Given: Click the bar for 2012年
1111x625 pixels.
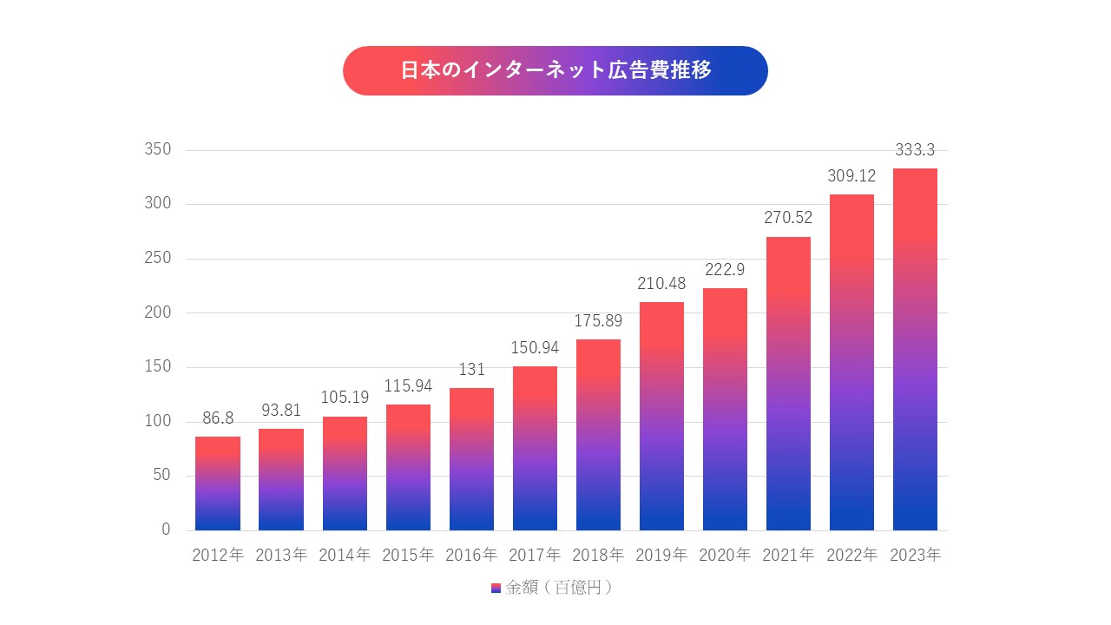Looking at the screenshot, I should [x=218, y=484].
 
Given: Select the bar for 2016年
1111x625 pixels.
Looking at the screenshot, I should [x=471, y=459].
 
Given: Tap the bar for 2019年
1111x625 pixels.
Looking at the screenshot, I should [x=661, y=417].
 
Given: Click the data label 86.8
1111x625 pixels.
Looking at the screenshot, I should [x=218, y=418].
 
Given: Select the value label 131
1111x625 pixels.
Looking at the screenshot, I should [x=471, y=370].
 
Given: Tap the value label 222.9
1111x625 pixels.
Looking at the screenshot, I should [x=725, y=270].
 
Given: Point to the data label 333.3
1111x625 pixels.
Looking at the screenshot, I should [x=915, y=150].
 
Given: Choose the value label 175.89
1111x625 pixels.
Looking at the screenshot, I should [x=598, y=321].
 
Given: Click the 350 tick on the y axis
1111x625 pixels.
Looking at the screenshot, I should [x=158, y=150].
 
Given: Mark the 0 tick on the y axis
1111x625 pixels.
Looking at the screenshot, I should [x=166, y=530].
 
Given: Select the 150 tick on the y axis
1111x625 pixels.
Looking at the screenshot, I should [x=158, y=367].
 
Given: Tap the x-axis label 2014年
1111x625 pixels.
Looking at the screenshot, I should [x=345, y=556].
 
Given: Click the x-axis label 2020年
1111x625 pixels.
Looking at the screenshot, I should [x=725, y=556].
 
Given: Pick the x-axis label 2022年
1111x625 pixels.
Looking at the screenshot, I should [x=851, y=556].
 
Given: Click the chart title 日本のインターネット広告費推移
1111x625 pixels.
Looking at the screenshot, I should [x=555, y=70].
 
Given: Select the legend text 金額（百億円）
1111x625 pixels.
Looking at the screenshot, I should [x=560, y=588].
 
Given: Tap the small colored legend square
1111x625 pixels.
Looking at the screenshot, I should [x=495, y=588].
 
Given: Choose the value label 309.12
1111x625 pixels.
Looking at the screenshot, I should [x=851, y=176].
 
